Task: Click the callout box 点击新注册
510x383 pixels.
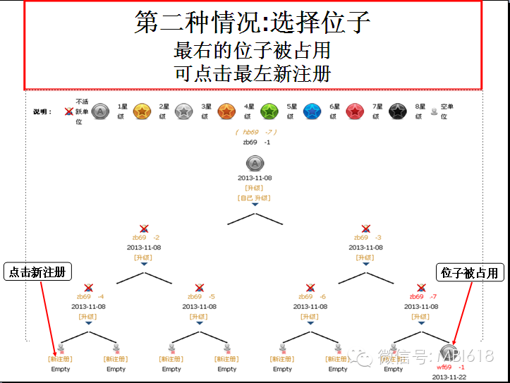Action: [x=39, y=272]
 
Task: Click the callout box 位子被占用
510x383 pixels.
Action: [x=470, y=272]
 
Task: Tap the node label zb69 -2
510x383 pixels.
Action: [x=145, y=238]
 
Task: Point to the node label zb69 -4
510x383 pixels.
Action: [x=90, y=297]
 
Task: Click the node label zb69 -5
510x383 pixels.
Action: [x=201, y=297]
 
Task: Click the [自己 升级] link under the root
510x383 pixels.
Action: [x=255, y=198]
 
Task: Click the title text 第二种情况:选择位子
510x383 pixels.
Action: [x=253, y=23]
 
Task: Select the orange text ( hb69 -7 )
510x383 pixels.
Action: [x=255, y=132]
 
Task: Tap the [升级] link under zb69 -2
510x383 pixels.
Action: [x=143, y=257]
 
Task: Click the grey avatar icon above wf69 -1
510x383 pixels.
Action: [x=447, y=352]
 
